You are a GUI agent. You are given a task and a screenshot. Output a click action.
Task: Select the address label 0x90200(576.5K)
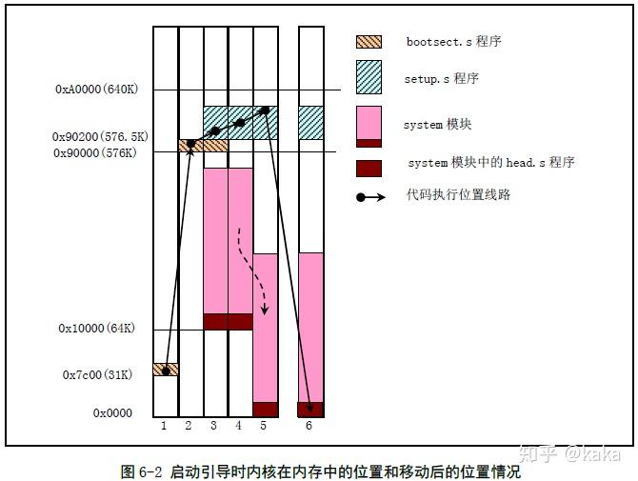(x=99, y=137)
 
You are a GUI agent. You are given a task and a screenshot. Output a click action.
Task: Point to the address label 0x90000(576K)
(x=96, y=152)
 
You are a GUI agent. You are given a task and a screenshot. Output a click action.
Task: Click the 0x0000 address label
(x=112, y=413)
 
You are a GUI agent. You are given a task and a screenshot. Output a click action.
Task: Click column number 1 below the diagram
(x=164, y=426)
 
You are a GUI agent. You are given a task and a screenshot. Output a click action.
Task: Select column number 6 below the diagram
(x=309, y=426)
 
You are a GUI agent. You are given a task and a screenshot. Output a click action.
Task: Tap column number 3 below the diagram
(x=213, y=426)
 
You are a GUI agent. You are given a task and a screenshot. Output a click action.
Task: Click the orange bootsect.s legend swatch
(x=368, y=42)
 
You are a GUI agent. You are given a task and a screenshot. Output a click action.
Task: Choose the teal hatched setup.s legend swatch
(x=368, y=78)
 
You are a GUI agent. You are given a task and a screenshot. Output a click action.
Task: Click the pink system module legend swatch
(x=368, y=122)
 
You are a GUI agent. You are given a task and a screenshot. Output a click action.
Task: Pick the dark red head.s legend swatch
(x=368, y=168)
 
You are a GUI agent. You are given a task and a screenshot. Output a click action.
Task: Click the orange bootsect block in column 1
(x=166, y=370)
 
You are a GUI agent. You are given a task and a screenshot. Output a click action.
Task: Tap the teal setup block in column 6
(x=310, y=123)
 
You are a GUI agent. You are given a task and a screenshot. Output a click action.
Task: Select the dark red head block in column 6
(x=310, y=410)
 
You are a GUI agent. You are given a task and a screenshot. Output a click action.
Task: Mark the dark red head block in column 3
(x=215, y=322)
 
